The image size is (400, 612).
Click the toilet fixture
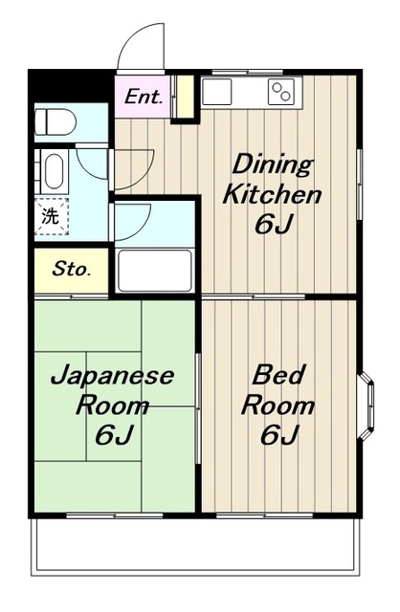pos(56,121)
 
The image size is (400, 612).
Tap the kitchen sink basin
pos(217,92)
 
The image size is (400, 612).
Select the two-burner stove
pos(281,92)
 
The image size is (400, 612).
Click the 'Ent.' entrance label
pos(143,97)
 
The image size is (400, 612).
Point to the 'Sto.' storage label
pos(72,269)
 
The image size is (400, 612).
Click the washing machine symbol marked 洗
pos(52,216)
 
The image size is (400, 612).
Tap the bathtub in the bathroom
pos(155,271)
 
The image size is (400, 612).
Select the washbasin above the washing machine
pos(54,172)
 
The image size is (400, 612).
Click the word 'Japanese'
pos(112,376)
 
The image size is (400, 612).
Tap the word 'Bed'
pos(278,375)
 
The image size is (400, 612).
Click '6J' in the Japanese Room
pos(115,435)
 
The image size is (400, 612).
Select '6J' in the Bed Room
pos(279,435)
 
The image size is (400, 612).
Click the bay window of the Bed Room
pos(367,405)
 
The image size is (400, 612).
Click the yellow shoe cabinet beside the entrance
pos(185,97)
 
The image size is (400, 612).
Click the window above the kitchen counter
pos(248,73)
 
